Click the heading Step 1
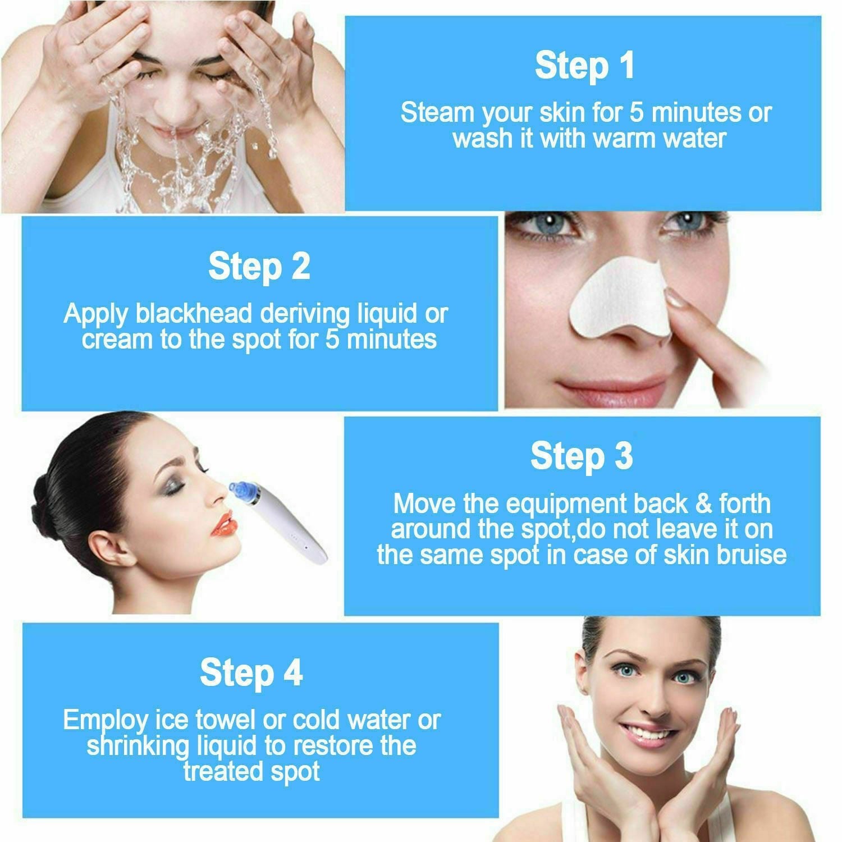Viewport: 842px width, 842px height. click(x=584, y=66)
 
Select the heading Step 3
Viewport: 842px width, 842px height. click(x=582, y=456)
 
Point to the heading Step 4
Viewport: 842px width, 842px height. click(x=251, y=672)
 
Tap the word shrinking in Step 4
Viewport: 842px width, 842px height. click(x=138, y=746)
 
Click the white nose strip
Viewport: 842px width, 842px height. click(x=617, y=303)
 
